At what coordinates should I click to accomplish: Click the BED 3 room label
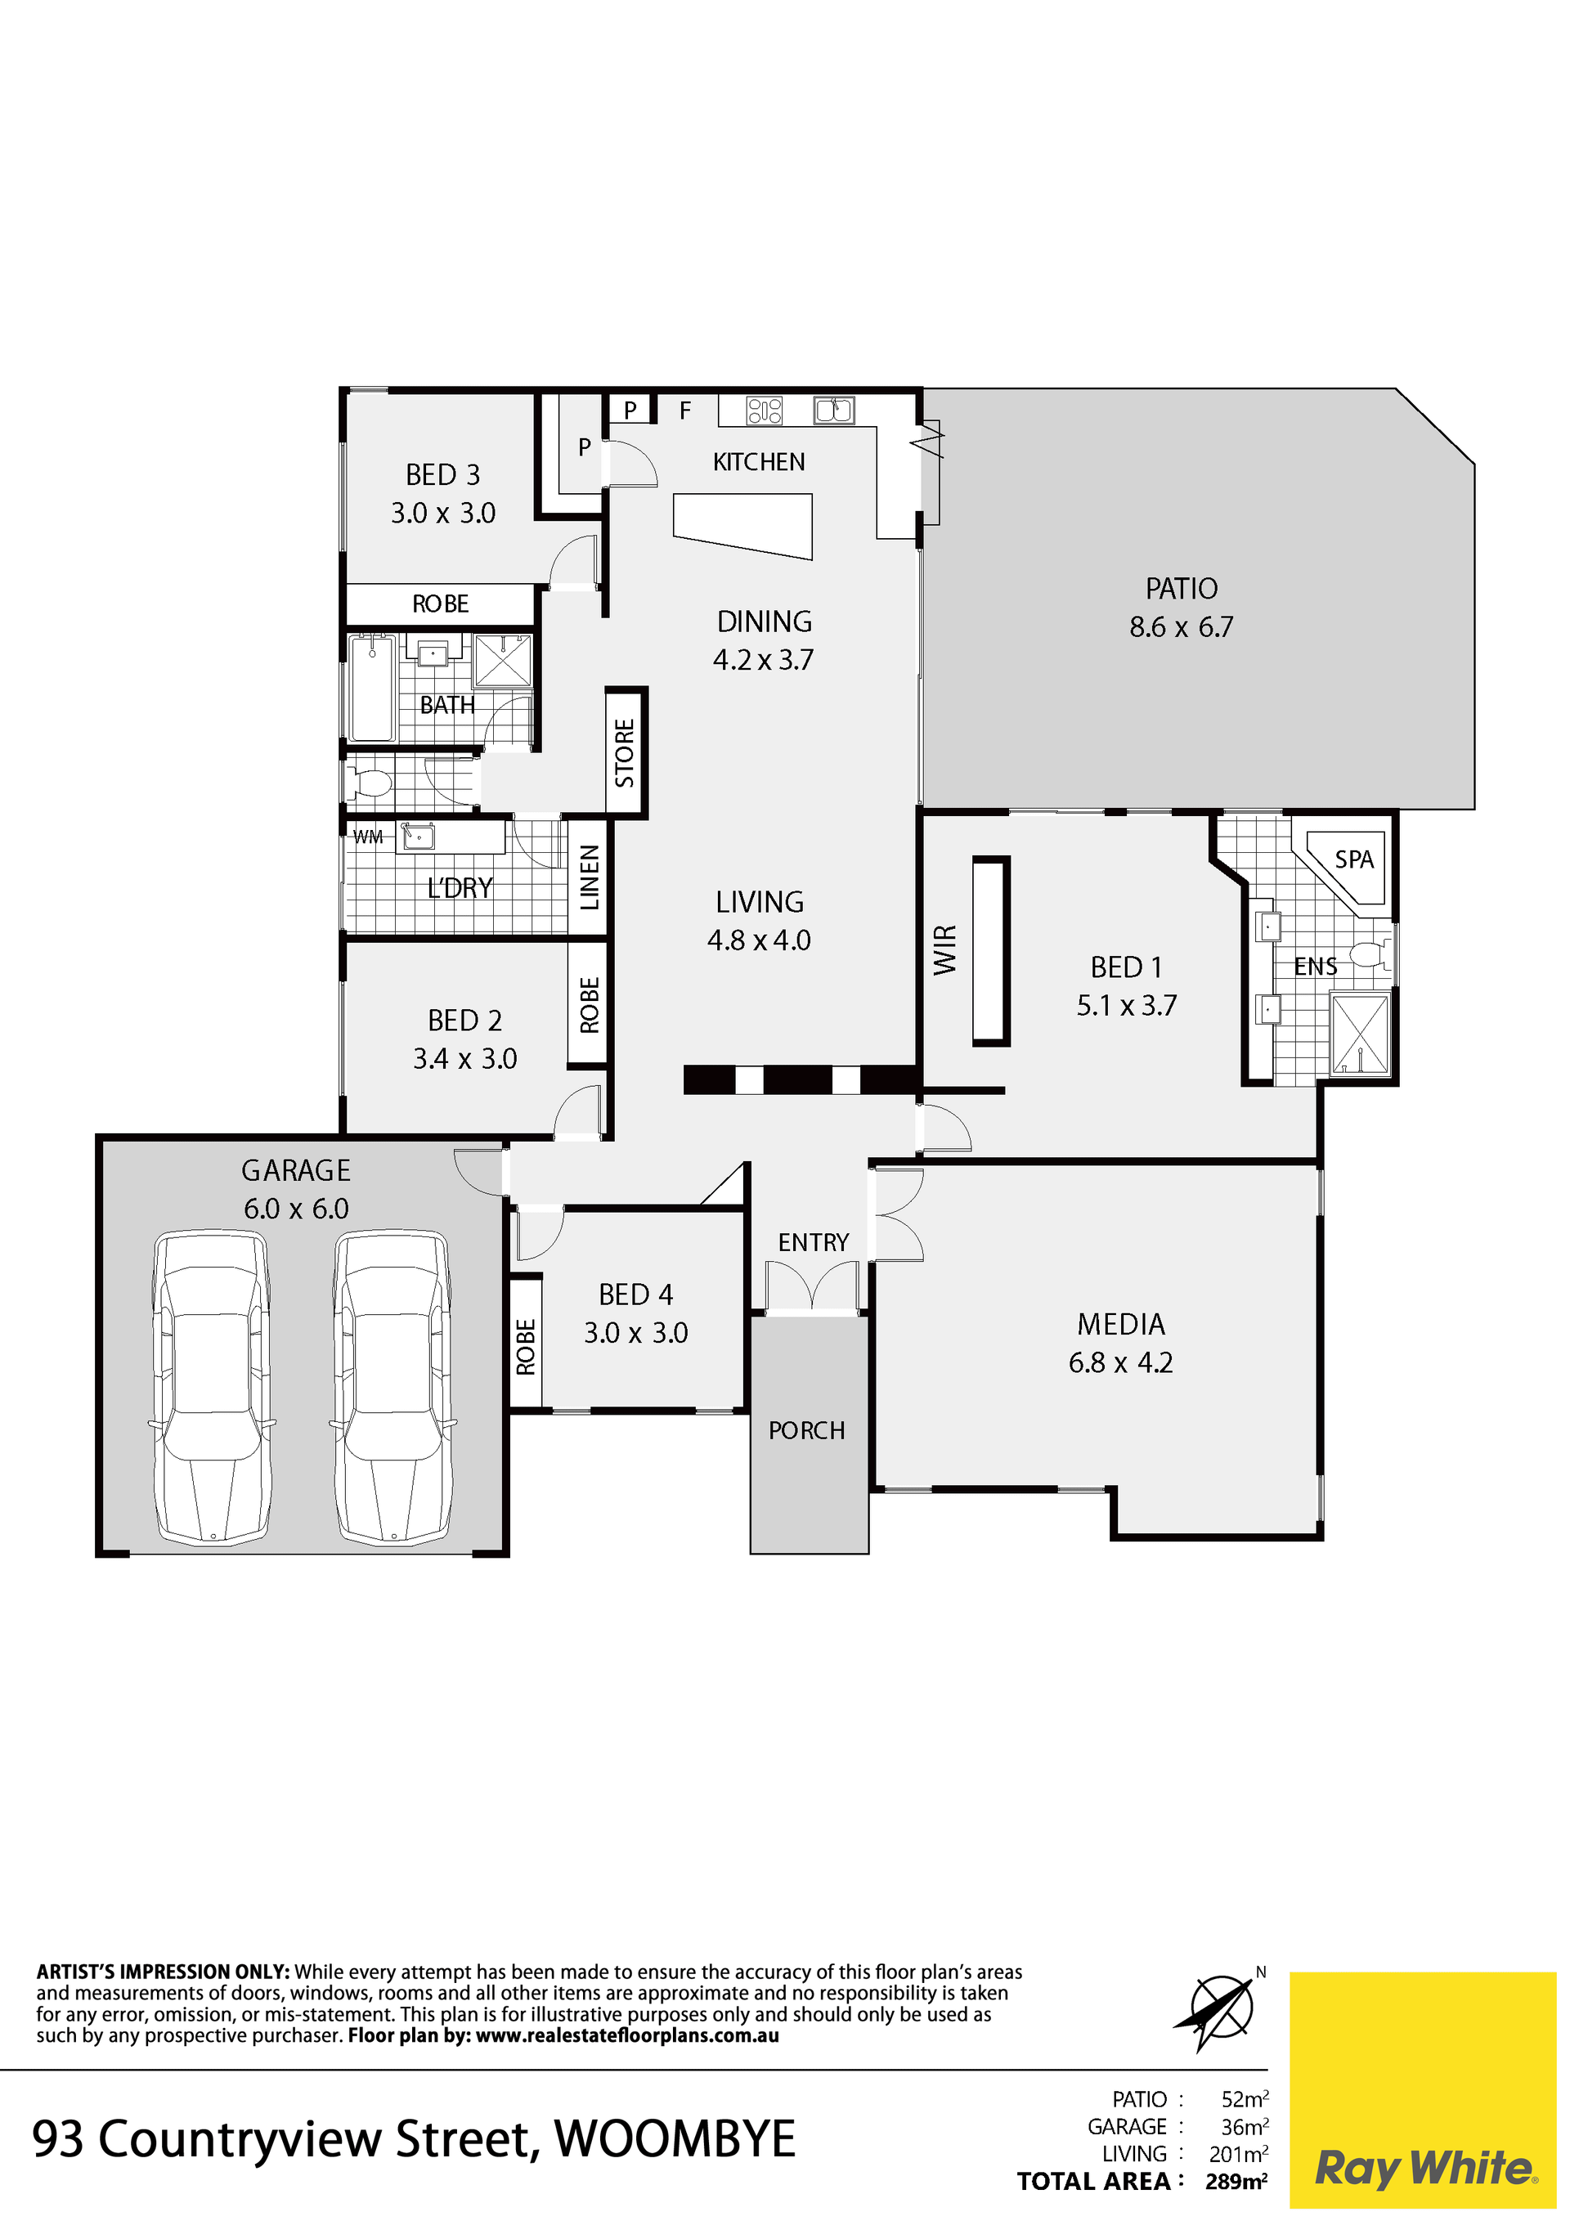click(x=443, y=475)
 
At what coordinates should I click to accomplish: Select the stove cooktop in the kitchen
click(x=765, y=411)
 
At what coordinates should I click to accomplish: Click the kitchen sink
click(x=834, y=411)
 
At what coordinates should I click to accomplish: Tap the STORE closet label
click(x=625, y=752)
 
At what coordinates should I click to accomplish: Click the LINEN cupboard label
click(x=589, y=877)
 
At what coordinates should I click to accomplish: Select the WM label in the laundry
click(x=368, y=837)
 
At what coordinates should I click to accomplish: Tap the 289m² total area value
click(x=1236, y=2182)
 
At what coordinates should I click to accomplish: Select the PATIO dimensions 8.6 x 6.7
click(x=1181, y=627)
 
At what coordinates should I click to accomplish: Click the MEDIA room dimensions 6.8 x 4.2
click(x=1120, y=1362)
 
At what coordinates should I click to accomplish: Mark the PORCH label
click(x=807, y=1429)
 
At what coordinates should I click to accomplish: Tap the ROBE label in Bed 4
click(x=525, y=1347)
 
